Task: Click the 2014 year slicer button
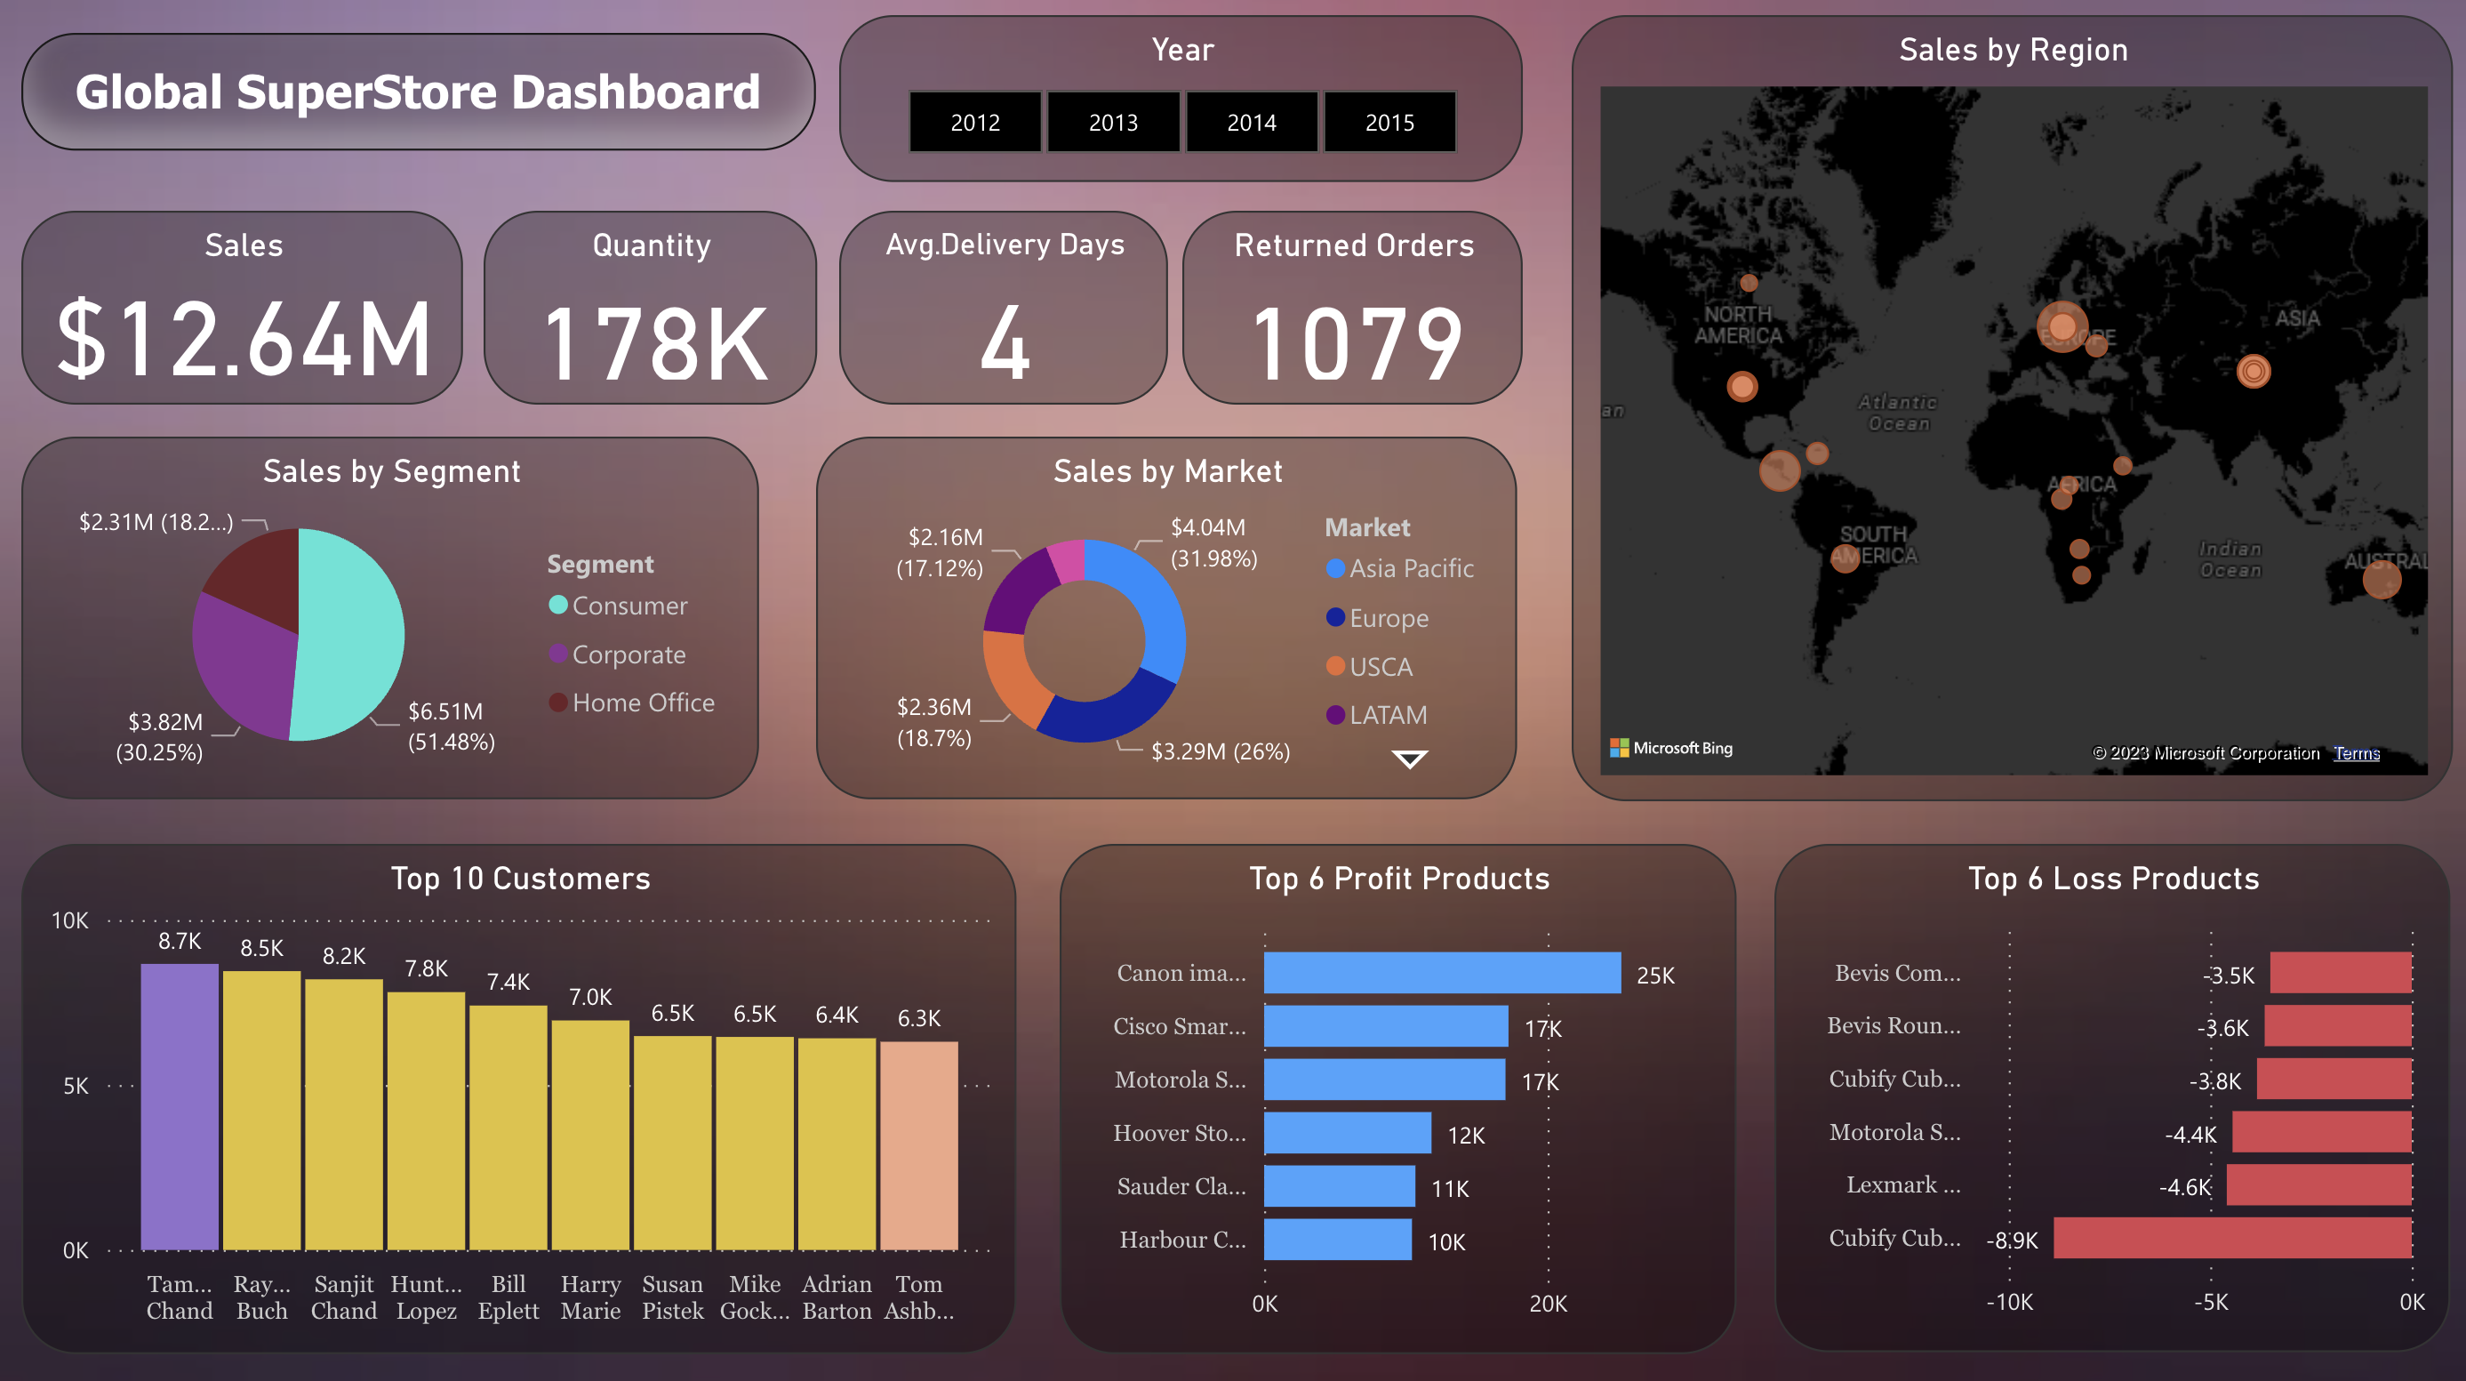1251,122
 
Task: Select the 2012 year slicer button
974,122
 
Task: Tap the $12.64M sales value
244,338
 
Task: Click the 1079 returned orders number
1356,343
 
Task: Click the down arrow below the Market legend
1409,759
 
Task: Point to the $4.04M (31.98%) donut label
1212,542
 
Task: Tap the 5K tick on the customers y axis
76,1085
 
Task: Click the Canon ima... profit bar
1441,972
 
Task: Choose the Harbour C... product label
1182,1240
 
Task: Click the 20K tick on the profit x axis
1547,1303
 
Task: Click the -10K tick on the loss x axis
2008,1302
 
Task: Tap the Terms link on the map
2355,753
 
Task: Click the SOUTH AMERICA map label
1873,544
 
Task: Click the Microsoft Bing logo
1671,748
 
